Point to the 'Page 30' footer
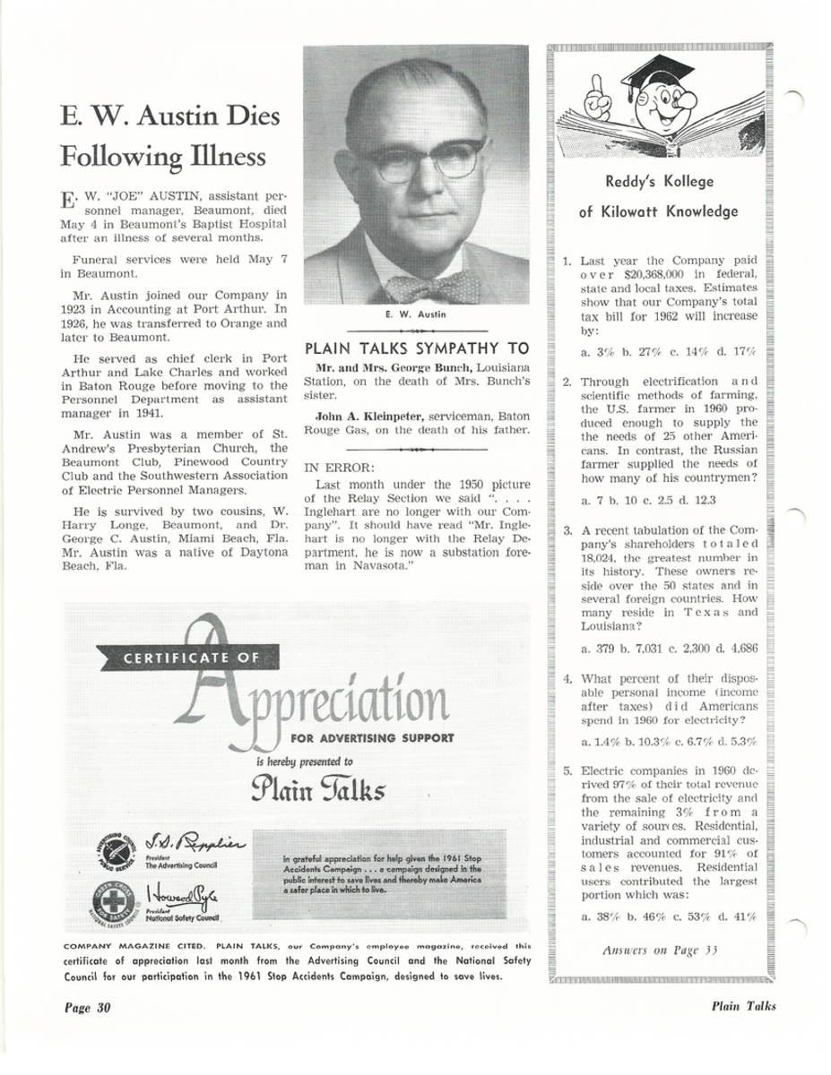tap(86, 1006)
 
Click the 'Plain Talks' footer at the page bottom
tap(743, 1006)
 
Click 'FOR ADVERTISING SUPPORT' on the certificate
tap(373, 739)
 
